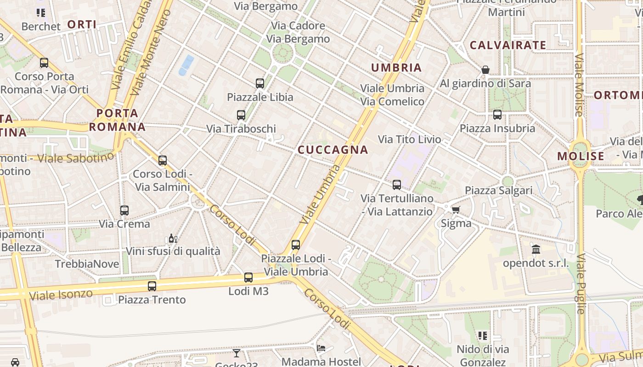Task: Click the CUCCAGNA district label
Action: pyautogui.click(x=333, y=150)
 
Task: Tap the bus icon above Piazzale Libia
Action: pyautogui.click(x=260, y=83)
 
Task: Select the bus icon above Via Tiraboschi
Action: pyautogui.click(x=241, y=115)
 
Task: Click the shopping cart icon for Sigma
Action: pyautogui.click(x=456, y=210)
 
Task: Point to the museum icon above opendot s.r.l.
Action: pyautogui.click(x=536, y=250)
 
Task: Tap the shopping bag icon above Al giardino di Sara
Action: pyautogui.click(x=485, y=70)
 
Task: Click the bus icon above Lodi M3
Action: pyautogui.click(x=248, y=278)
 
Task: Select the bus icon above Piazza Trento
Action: pyautogui.click(x=152, y=286)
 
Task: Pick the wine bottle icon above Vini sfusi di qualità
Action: pyautogui.click(x=173, y=238)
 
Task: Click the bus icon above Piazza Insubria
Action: pyautogui.click(x=497, y=115)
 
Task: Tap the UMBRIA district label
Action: pyautogui.click(x=396, y=68)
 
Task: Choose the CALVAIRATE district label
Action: pyautogui.click(x=508, y=45)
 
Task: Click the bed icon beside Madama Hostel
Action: pyautogui.click(x=321, y=348)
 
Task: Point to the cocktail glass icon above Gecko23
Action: pyautogui.click(x=237, y=353)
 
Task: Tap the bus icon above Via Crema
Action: pyautogui.click(x=124, y=211)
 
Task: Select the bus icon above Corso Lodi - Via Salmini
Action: pyautogui.click(x=163, y=161)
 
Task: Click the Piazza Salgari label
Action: pyautogui.click(x=499, y=190)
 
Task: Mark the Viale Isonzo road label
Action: pyautogui.click(x=61, y=294)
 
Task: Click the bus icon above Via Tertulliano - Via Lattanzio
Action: pyautogui.click(x=397, y=185)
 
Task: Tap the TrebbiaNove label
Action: pyautogui.click(x=87, y=264)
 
